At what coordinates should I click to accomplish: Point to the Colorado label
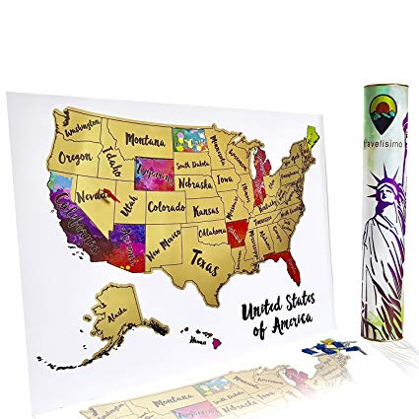pos(168,208)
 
